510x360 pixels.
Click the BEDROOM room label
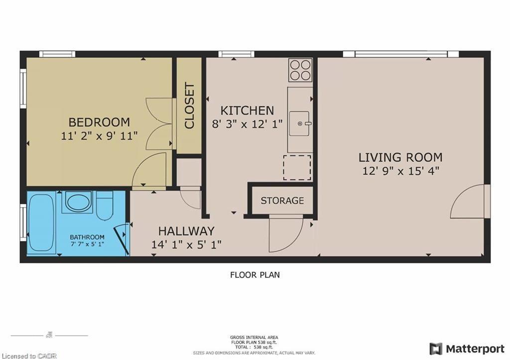(99, 122)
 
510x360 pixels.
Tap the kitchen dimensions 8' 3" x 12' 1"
(247, 123)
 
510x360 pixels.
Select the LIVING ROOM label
(400, 158)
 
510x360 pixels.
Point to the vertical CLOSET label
(190, 106)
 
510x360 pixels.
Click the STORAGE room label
(282, 201)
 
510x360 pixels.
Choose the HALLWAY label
(186, 231)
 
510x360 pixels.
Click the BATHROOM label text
(87, 237)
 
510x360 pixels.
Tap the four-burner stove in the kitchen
(301, 70)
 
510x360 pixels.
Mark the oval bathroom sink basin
(77, 202)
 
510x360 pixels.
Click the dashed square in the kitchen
(297, 167)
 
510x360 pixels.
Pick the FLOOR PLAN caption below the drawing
(255, 274)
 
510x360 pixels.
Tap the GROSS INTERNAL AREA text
(254, 338)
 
